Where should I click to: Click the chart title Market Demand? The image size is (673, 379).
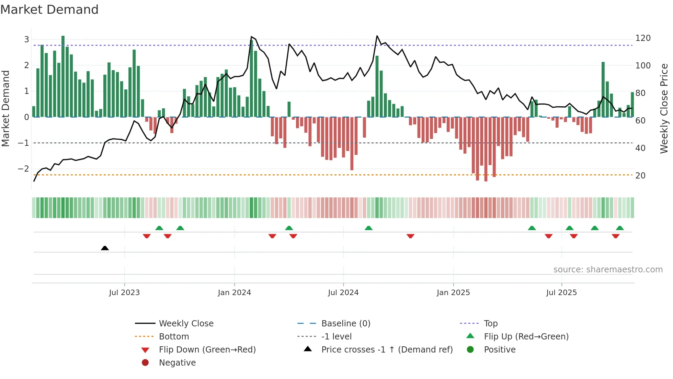(x=49, y=10)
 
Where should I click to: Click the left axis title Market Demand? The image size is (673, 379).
(x=6, y=108)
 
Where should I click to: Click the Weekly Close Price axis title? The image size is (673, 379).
(x=664, y=108)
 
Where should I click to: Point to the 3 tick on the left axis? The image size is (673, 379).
(x=26, y=39)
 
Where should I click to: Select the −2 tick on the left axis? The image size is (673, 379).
(x=24, y=169)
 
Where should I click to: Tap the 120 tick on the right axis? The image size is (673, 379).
(x=643, y=38)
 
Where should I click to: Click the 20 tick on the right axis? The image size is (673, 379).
(x=640, y=176)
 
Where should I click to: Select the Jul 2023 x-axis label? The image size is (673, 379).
(x=124, y=293)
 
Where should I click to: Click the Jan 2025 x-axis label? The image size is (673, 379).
(x=453, y=293)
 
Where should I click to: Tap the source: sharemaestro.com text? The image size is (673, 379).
(x=608, y=270)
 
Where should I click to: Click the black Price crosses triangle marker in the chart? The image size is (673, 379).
(x=105, y=248)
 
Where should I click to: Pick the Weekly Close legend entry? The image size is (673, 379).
(x=186, y=324)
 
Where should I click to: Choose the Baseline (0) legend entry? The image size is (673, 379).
(x=345, y=324)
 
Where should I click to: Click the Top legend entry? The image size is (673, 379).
(x=490, y=324)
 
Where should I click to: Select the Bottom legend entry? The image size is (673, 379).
(x=174, y=337)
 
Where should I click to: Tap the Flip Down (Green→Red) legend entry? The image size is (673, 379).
(x=207, y=350)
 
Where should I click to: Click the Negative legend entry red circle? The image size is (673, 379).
(x=145, y=363)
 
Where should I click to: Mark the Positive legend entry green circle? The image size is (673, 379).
(x=470, y=350)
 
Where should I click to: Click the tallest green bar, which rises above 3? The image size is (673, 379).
(x=63, y=76)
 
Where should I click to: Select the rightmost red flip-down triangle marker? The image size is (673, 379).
(x=615, y=236)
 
